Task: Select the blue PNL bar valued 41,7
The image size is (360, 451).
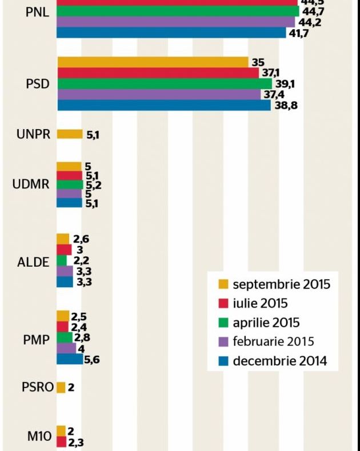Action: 171,33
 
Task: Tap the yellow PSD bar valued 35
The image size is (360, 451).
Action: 152,62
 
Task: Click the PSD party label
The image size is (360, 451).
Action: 38,84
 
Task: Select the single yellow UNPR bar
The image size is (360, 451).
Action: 70,135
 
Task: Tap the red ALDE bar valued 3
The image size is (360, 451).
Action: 64,250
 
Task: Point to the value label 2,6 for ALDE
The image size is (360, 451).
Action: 80,240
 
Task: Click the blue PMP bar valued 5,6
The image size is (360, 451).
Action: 70,359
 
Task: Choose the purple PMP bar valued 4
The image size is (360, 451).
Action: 66,348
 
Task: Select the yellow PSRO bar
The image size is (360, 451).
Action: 61,387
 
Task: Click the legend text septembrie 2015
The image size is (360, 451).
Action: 281,284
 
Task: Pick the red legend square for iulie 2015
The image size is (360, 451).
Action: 224,303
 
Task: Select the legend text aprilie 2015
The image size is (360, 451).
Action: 266,323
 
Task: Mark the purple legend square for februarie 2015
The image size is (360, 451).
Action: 224,342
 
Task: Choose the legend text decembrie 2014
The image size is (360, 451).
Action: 279,361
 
